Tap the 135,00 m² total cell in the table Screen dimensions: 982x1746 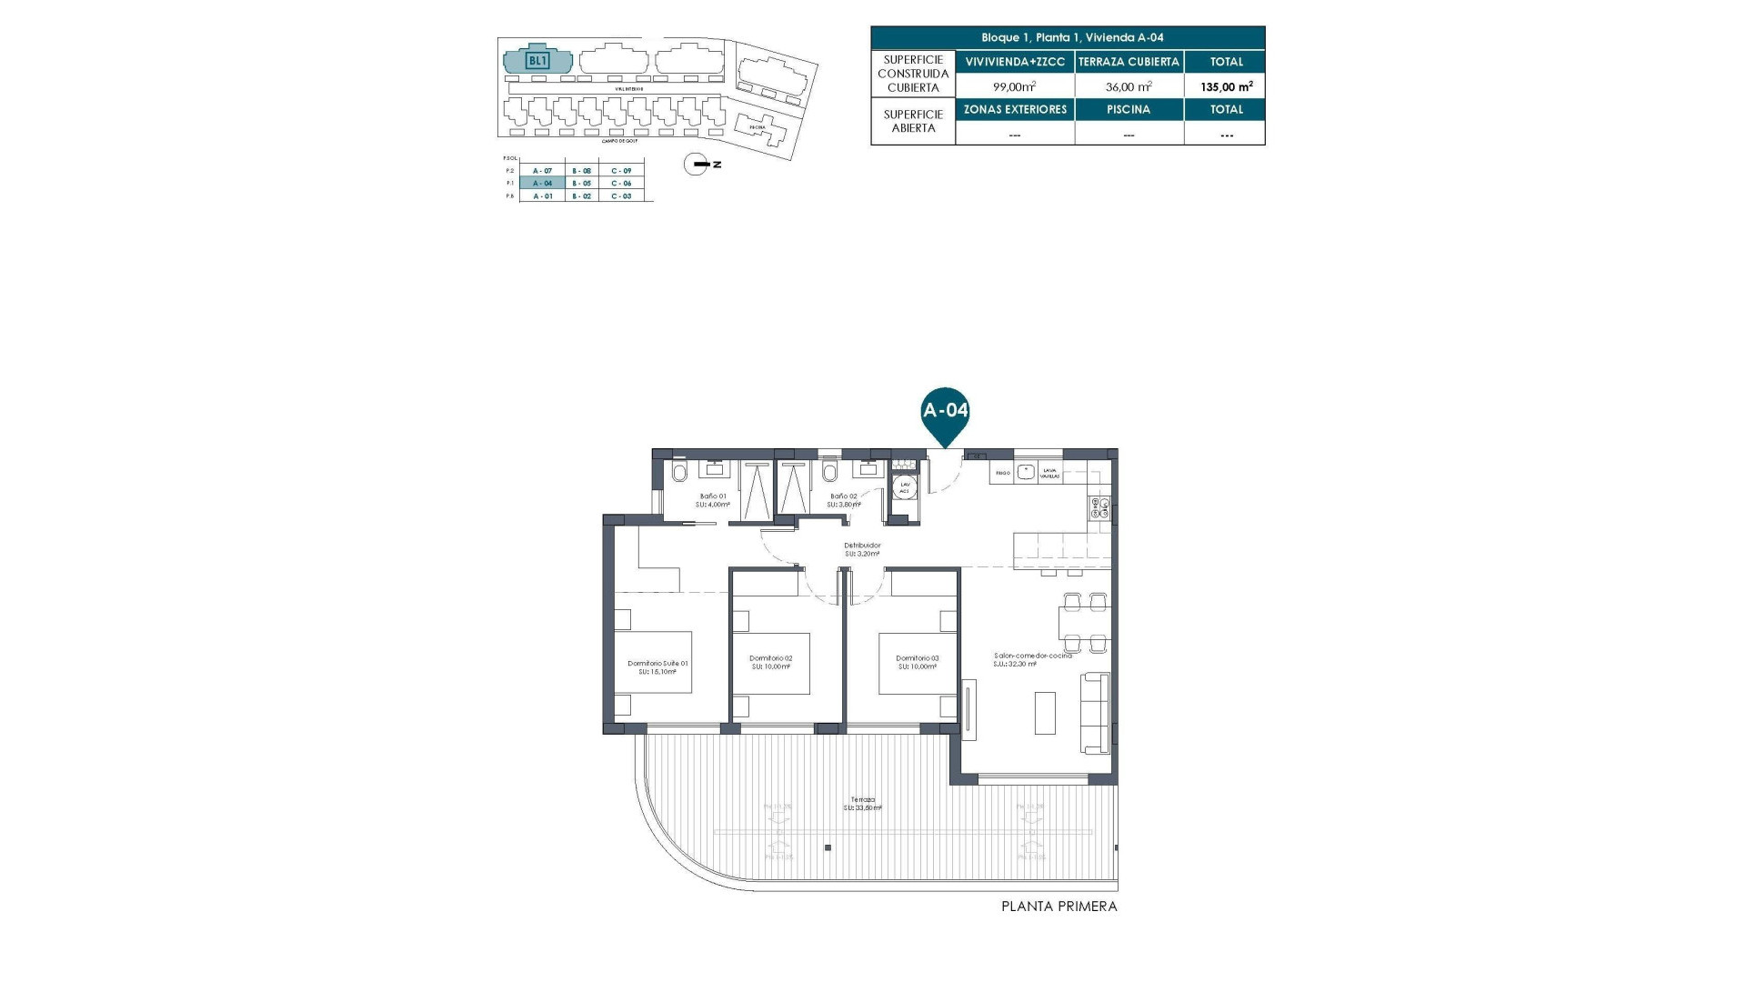pyautogui.click(x=1225, y=86)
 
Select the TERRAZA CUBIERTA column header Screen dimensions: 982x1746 pyautogui.click(x=1129, y=62)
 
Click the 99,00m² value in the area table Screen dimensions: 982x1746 pyautogui.click(x=1014, y=86)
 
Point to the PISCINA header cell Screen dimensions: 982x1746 pyautogui.click(x=1129, y=109)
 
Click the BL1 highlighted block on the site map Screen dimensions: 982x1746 pyautogui.click(x=537, y=60)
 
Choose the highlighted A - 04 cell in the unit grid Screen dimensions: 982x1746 pyautogui.click(x=542, y=183)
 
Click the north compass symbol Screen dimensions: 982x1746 pyautogui.click(x=697, y=165)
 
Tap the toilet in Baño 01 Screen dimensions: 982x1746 pyautogui.click(x=679, y=473)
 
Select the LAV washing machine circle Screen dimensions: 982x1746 pyautogui.click(x=904, y=486)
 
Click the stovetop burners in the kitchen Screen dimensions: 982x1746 pyautogui.click(x=1099, y=508)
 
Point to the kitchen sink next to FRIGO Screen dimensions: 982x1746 pyautogui.click(x=1026, y=472)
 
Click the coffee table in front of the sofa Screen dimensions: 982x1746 pyautogui.click(x=1045, y=713)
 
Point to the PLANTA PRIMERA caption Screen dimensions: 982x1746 pyautogui.click(x=1059, y=907)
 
